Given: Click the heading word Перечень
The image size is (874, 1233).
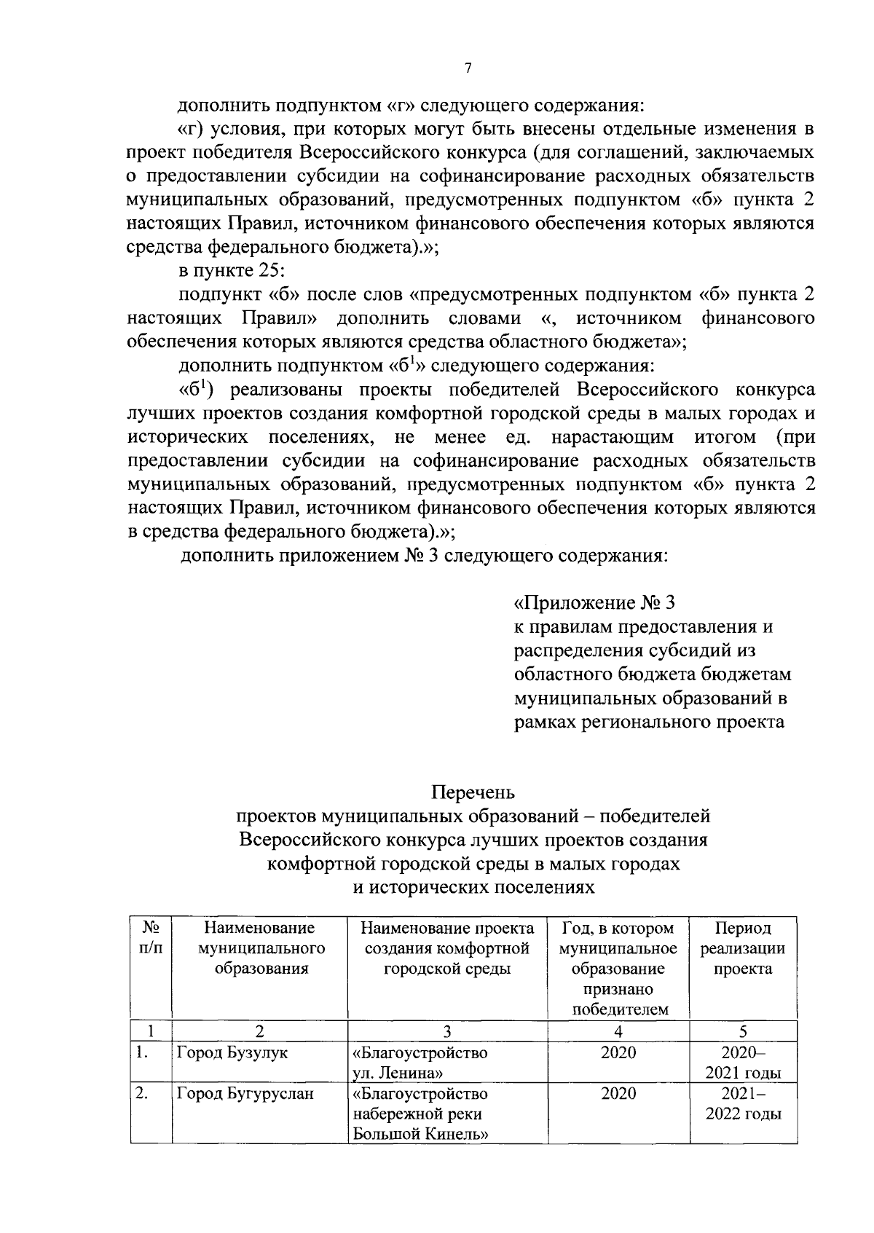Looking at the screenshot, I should tap(473, 792).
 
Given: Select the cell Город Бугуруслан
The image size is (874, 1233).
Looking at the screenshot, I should tap(245, 1094).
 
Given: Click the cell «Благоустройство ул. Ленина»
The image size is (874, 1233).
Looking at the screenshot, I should tap(420, 1063).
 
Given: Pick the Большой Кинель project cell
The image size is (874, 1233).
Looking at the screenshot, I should tap(420, 1114).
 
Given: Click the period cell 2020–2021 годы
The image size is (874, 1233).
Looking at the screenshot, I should tap(742, 1063).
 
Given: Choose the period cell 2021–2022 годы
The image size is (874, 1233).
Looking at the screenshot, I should tap(742, 1104).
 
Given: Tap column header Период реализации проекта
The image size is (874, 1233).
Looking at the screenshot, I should tap(742, 949).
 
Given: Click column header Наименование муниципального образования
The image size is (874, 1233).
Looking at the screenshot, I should tap(260, 949).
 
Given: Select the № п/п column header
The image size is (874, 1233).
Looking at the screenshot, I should tap(151, 939).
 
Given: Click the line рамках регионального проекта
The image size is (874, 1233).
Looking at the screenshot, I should tap(648, 722).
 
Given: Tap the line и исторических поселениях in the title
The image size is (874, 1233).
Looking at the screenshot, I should tap(473, 888).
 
